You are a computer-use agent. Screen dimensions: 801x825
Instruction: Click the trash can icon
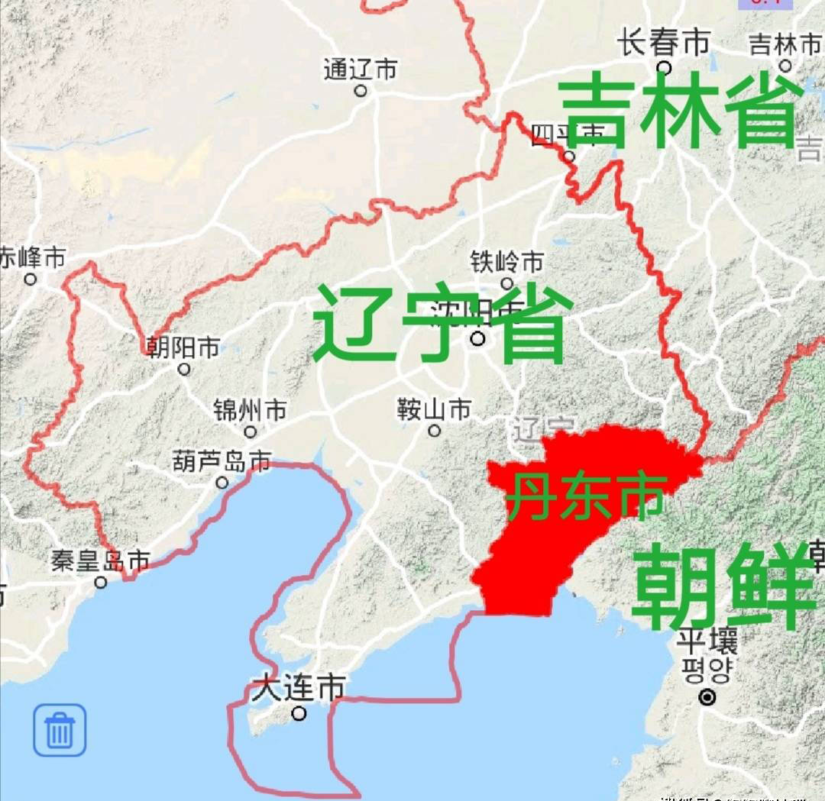[x=60, y=730]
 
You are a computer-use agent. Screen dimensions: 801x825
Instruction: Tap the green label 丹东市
[x=585, y=496]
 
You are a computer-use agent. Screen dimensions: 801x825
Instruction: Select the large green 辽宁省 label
[x=442, y=324]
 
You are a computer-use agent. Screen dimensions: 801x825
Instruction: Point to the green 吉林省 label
[x=681, y=115]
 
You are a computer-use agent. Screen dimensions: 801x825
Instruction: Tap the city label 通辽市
[x=361, y=69]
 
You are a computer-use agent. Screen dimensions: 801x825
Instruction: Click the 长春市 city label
[x=664, y=43]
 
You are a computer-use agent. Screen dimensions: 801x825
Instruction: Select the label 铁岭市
[x=507, y=263]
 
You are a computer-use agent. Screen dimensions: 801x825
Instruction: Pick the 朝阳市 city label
[x=183, y=348]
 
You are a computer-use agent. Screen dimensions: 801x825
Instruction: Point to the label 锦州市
[x=251, y=410]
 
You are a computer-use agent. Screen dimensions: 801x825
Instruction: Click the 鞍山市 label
[x=434, y=410]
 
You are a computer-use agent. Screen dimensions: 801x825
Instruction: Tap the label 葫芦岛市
[x=222, y=461]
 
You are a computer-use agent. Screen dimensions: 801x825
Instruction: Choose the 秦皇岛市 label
[x=100, y=562]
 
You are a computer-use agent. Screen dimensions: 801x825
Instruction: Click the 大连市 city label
[x=299, y=690]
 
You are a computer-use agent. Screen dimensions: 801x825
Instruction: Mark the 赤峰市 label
[x=32, y=257]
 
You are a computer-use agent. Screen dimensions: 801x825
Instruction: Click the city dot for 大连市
[x=299, y=714]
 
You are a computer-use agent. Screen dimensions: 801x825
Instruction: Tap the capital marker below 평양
[x=708, y=696]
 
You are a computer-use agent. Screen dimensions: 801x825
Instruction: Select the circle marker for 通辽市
[x=361, y=90]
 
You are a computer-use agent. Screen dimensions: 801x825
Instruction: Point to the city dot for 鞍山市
[x=434, y=431]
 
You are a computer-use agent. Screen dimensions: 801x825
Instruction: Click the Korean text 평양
[x=707, y=671]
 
